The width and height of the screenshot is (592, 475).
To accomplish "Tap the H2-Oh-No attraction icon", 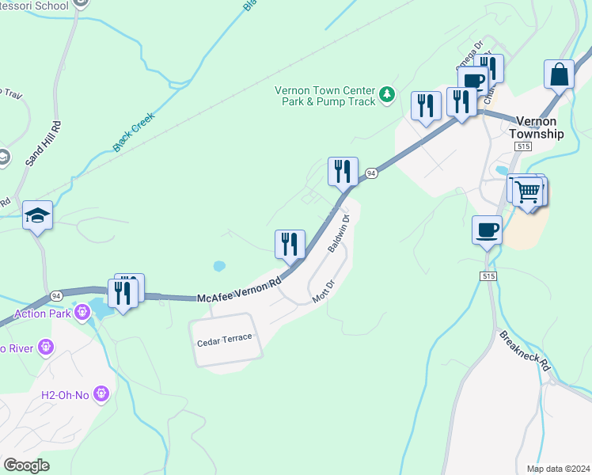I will click(101, 393).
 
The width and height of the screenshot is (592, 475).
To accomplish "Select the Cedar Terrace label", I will click(225, 339).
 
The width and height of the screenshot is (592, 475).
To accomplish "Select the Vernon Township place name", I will click(540, 127).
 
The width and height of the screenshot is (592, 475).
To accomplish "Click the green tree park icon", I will click(387, 95).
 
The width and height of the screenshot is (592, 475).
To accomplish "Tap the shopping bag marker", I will click(559, 75).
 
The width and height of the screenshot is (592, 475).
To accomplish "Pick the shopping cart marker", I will click(528, 191).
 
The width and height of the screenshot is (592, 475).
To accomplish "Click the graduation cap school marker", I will click(37, 216).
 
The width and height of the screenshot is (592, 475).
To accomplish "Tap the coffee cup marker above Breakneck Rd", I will click(487, 230).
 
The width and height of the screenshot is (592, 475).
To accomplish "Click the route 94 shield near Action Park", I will click(56, 295).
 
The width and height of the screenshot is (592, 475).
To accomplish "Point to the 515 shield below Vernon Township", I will click(522, 147).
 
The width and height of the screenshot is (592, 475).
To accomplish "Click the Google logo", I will click(26, 465).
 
